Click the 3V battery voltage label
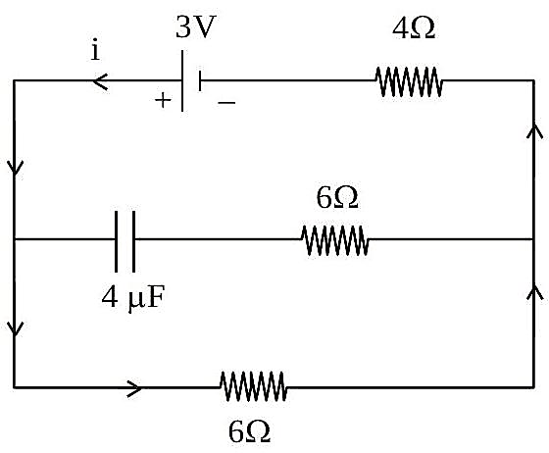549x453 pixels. point(194,27)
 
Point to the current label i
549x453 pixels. point(95,51)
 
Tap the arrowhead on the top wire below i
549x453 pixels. point(100,81)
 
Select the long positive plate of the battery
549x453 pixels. point(182,80)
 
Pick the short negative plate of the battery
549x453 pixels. point(200,80)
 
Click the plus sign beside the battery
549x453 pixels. point(163,100)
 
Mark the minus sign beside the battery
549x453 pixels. point(226,102)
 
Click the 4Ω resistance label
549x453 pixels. point(414,28)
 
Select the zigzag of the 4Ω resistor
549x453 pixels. point(409,81)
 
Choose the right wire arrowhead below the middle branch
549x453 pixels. point(534,292)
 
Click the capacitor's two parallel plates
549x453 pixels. point(125,241)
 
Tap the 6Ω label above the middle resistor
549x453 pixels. point(337,197)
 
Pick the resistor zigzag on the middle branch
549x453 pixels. point(335,240)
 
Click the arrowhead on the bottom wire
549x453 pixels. point(134,388)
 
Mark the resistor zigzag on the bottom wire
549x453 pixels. point(254,386)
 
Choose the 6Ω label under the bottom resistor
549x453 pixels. point(249,431)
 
